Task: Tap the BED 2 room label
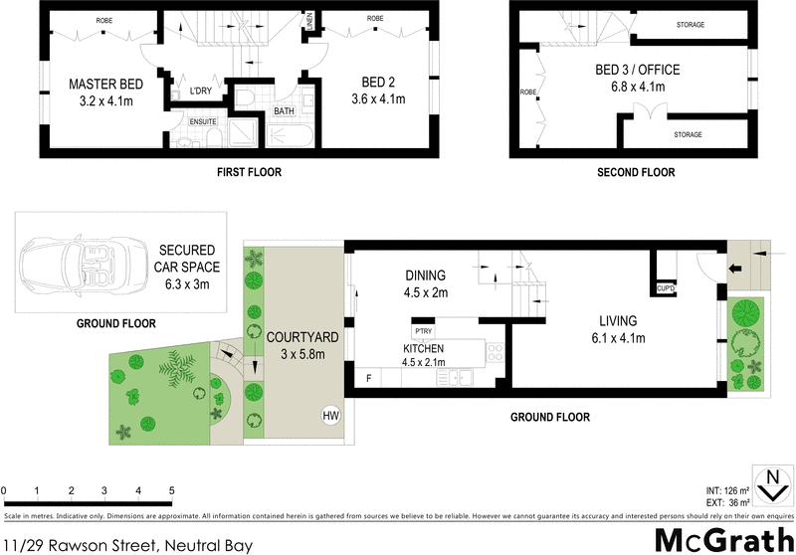[372, 85]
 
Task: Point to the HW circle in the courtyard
[329, 414]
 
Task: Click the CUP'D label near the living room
[666, 288]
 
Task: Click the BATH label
[284, 111]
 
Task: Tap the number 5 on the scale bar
[172, 490]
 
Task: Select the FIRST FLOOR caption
[249, 172]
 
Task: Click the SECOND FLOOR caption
[635, 172]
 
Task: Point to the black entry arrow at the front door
[736, 269]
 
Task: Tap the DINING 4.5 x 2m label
[425, 283]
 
